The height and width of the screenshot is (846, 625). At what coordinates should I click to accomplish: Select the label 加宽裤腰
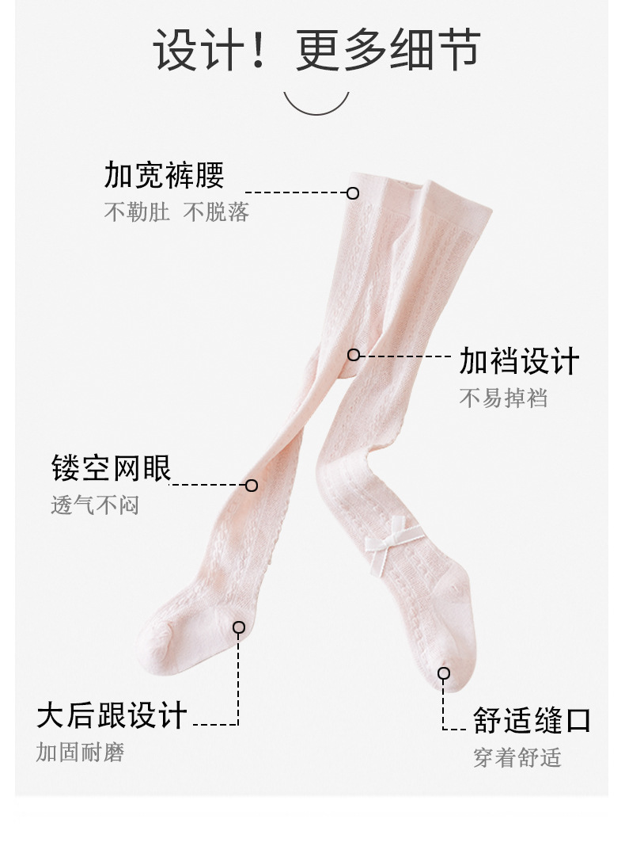(x=164, y=175)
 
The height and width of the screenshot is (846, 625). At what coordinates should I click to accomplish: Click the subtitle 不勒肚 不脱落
(x=176, y=212)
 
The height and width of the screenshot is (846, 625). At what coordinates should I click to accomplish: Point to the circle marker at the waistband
(x=353, y=192)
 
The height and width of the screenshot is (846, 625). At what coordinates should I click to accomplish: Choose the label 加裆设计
(x=519, y=361)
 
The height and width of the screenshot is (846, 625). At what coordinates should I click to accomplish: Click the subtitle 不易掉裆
(x=503, y=398)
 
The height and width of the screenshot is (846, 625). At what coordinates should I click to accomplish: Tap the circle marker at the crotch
(x=354, y=355)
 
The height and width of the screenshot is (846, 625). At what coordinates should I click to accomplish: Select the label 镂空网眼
(x=111, y=468)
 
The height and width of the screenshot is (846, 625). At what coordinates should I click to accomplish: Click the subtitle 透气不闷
(x=95, y=505)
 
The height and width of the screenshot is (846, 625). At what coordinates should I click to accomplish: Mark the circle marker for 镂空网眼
(x=252, y=485)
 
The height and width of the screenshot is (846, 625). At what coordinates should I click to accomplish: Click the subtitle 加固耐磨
(x=80, y=752)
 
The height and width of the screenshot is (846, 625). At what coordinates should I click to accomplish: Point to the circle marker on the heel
(x=239, y=627)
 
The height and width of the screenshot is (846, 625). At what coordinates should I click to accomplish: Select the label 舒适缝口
(x=532, y=721)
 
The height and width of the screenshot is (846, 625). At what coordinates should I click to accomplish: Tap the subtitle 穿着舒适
(x=517, y=757)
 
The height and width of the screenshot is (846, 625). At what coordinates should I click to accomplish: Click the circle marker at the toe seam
(x=444, y=673)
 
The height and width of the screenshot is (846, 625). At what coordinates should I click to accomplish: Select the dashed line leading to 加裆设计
(x=405, y=356)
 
